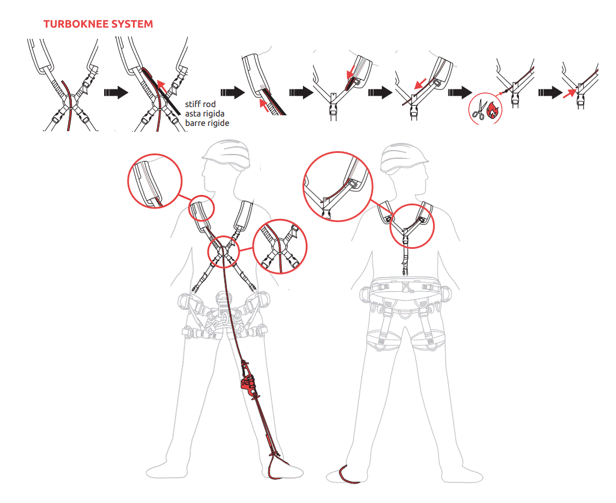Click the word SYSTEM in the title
coord(132,24)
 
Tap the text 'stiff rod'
coord(201,104)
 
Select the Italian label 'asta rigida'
coord(205,114)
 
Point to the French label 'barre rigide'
coord(207,123)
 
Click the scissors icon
coord(479,110)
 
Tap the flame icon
coord(492,110)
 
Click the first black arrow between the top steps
coord(116,93)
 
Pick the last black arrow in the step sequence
coord(550,93)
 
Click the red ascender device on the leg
coord(248,383)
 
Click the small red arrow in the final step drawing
coord(570,94)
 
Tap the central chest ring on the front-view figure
coord(223,252)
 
